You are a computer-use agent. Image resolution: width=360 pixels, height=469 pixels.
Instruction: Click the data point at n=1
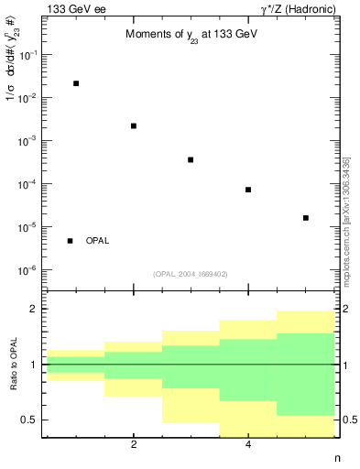click(76, 83)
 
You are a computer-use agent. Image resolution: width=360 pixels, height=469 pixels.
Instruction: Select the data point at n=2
click(134, 125)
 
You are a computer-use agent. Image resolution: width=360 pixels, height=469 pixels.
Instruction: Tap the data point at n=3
click(191, 159)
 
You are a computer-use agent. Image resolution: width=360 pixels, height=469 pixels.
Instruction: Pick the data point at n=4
click(248, 190)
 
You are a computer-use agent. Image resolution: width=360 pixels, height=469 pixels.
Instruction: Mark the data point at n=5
click(305, 218)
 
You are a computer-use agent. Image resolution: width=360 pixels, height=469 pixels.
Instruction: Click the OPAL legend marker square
click(70, 241)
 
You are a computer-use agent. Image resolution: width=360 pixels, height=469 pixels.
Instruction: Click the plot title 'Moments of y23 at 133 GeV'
click(190, 35)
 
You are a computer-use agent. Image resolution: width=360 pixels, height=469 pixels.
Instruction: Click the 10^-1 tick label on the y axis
click(27, 55)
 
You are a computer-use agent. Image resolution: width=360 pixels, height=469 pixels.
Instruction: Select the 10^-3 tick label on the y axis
click(27, 141)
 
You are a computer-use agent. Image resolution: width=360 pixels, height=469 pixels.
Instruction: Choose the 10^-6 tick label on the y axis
click(27, 270)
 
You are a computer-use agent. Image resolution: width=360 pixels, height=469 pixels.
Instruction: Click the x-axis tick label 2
click(134, 446)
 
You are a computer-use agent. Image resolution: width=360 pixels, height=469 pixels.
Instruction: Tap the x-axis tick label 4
click(248, 446)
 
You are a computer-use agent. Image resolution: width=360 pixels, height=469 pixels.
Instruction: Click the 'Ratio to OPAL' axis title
click(12, 364)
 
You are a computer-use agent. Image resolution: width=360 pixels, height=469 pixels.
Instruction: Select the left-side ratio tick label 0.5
click(27, 420)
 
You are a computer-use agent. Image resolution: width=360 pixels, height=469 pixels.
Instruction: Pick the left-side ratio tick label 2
click(33, 310)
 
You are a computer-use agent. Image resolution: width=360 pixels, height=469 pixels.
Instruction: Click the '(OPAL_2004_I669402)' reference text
click(191, 274)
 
